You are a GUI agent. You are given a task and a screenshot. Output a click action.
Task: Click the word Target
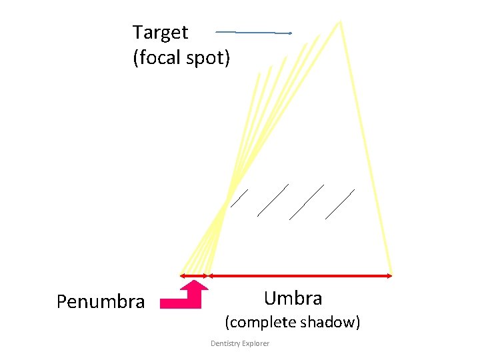(160, 33)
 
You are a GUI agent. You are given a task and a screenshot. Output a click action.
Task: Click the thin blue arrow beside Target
(253, 32)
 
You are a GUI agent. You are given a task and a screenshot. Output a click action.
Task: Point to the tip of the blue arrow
(291, 33)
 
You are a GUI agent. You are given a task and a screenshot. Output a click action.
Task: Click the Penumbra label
(101, 302)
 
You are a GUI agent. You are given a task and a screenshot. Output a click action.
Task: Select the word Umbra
(293, 298)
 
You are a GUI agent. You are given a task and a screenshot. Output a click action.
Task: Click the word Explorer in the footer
(256, 343)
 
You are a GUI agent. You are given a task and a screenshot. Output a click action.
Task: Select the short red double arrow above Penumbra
(194, 275)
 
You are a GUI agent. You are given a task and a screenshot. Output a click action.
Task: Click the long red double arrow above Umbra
(300, 275)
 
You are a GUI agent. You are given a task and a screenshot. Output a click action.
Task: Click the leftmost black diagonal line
(239, 198)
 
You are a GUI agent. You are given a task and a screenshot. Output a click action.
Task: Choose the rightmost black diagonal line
(340, 204)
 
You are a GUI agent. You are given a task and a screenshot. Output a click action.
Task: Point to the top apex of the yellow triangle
(341, 22)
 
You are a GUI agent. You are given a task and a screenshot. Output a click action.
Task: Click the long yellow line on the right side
(365, 147)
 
